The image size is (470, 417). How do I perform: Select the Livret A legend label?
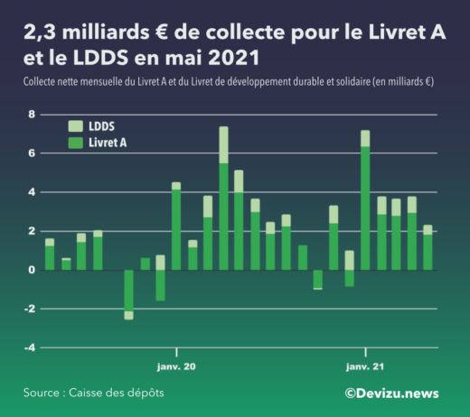[108, 143]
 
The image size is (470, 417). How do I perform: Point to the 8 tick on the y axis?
[32, 115]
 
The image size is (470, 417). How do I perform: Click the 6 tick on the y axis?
[32, 153]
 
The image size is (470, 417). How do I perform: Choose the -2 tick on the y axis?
[28, 309]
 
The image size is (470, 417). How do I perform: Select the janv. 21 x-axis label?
[365, 367]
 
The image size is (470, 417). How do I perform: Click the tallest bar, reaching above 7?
[223, 199]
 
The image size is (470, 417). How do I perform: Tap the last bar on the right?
[428, 247]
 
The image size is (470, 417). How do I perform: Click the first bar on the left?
[50, 255]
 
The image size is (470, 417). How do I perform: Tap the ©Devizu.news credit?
[390, 393]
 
